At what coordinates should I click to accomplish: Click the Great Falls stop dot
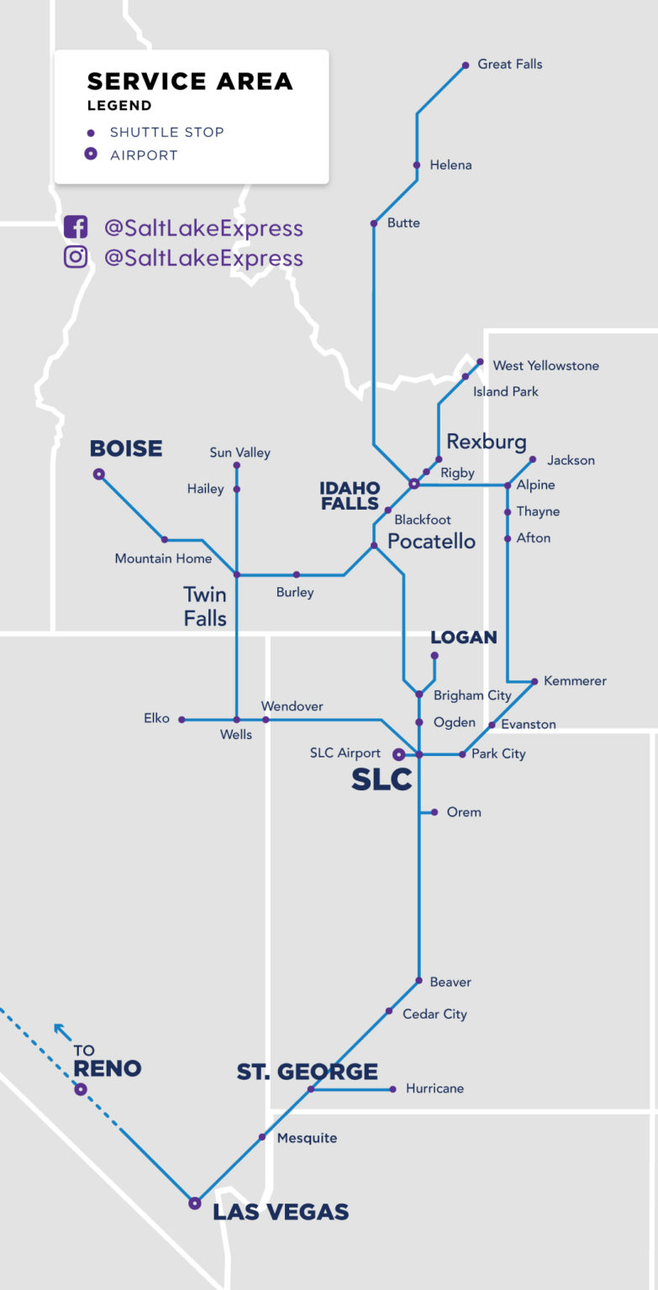click(465, 65)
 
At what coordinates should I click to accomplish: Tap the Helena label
click(450, 165)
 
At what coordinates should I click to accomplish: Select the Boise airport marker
click(99, 475)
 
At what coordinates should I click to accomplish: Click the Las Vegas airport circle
click(195, 1203)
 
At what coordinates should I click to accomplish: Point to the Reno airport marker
click(81, 1090)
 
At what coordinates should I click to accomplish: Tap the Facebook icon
click(76, 228)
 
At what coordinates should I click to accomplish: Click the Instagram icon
click(76, 257)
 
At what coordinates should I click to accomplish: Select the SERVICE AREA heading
click(190, 81)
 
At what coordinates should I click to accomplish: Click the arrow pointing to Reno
click(61, 1030)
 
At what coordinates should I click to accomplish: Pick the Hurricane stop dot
click(392, 1089)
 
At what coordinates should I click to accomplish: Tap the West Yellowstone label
click(545, 365)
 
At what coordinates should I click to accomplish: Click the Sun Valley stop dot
click(237, 465)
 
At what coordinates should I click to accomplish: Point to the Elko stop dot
click(182, 720)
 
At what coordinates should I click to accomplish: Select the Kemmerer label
click(575, 681)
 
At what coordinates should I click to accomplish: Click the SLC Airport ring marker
click(399, 754)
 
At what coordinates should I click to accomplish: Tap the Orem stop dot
click(434, 812)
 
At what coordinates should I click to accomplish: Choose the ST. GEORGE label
click(307, 1072)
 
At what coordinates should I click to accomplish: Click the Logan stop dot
click(434, 656)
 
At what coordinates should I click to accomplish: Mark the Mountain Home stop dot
click(165, 540)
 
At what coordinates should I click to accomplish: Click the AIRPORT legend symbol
click(91, 155)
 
